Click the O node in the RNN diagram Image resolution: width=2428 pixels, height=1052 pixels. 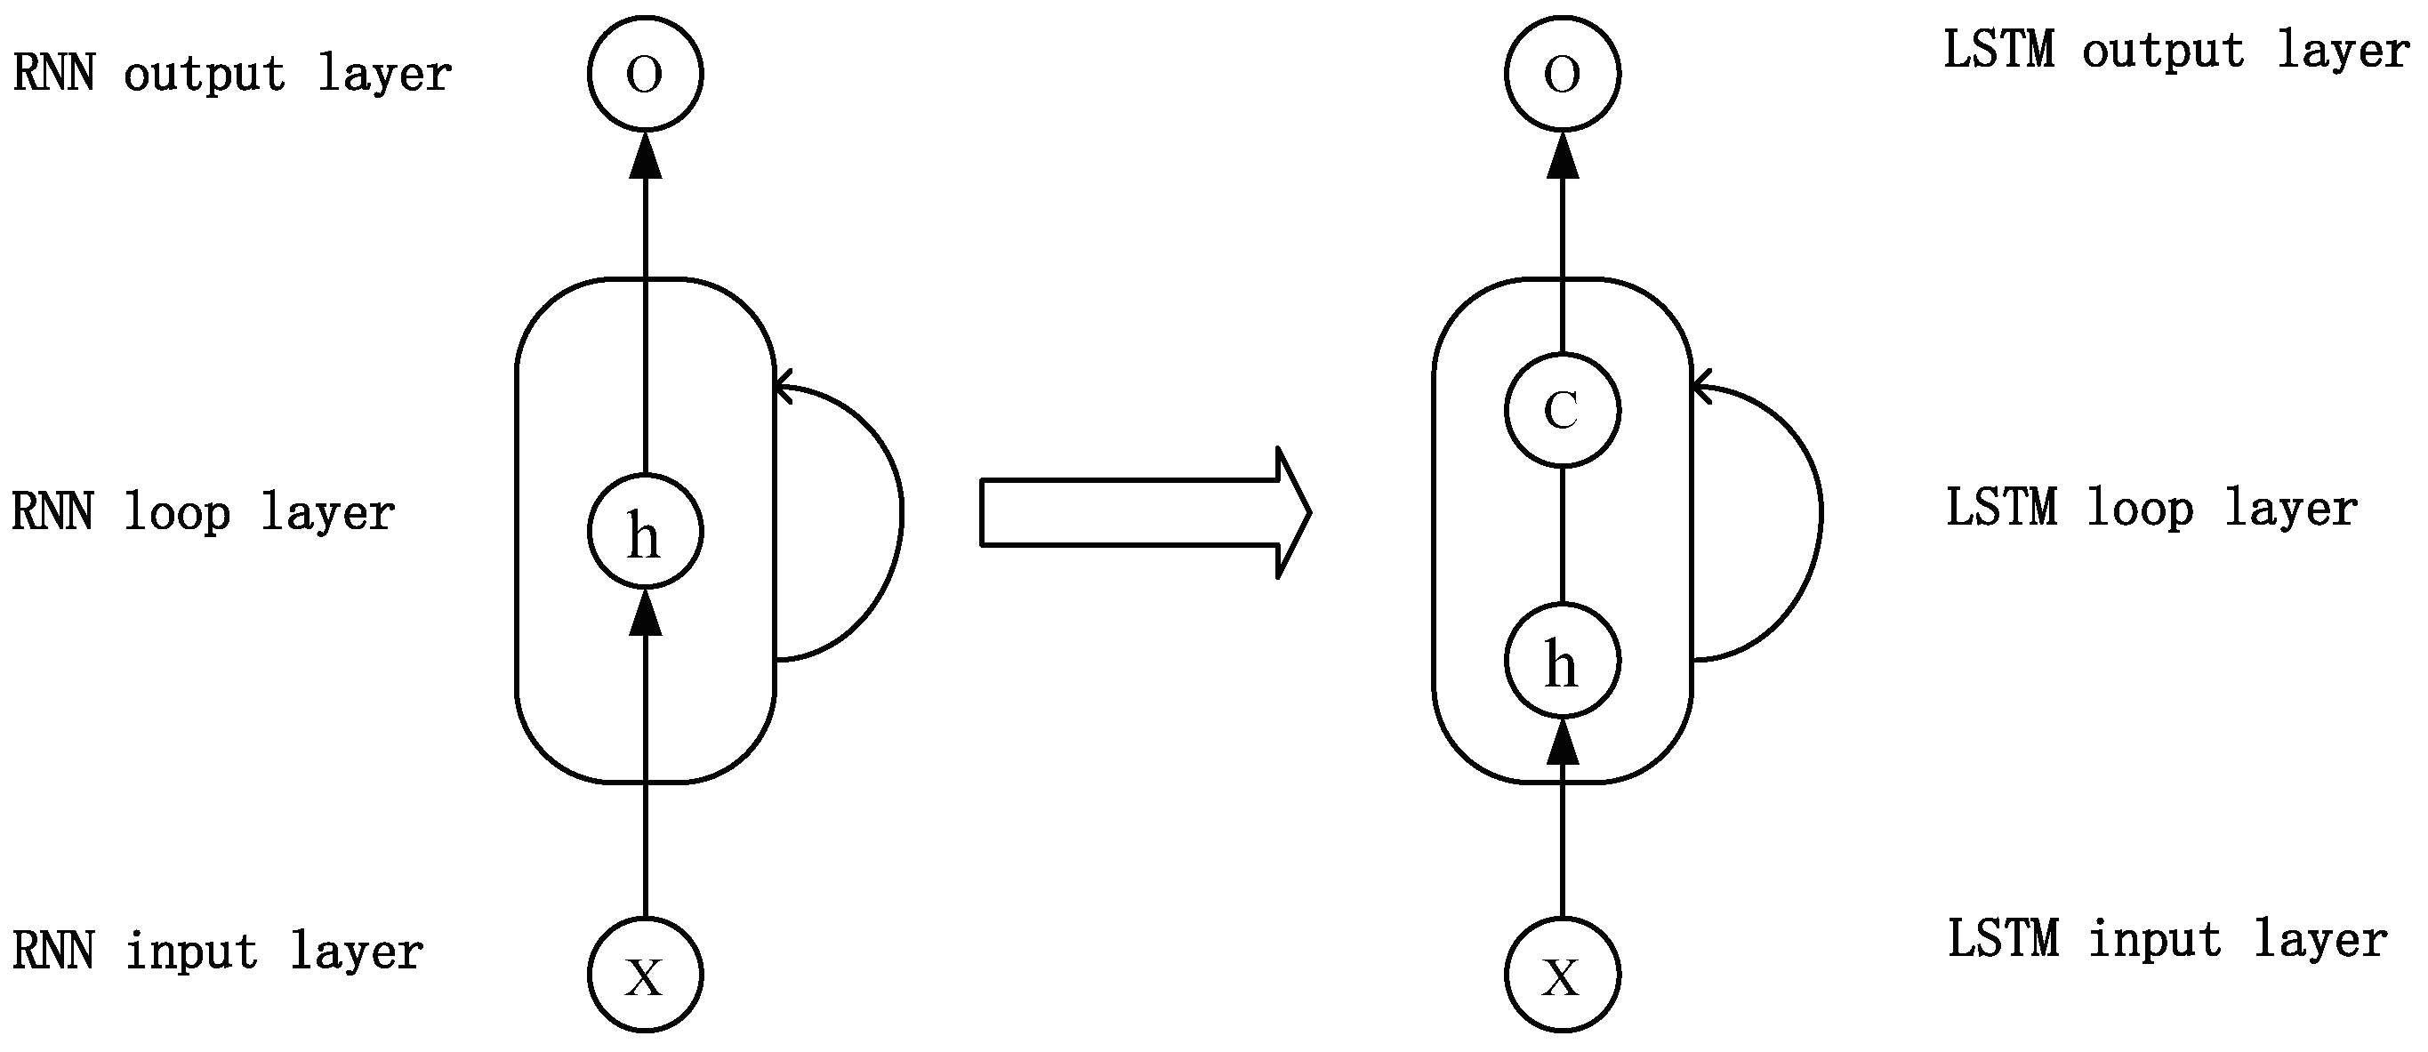click(x=646, y=73)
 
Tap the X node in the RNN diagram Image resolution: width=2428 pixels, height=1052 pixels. click(x=646, y=975)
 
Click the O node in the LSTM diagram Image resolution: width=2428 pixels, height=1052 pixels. click(x=1563, y=73)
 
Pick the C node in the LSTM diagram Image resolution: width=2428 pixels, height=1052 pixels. click(x=1563, y=410)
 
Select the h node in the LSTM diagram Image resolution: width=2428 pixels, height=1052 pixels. click(x=1563, y=661)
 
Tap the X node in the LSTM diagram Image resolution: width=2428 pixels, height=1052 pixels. click(x=1563, y=975)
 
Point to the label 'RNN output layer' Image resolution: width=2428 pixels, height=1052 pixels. click(x=232, y=74)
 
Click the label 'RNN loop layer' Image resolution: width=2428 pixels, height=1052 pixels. click(x=203, y=513)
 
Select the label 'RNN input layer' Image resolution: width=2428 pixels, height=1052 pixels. click(x=218, y=951)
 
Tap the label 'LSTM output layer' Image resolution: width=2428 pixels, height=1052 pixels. click(x=2176, y=50)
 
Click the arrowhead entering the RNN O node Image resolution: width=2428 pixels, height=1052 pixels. click(x=646, y=156)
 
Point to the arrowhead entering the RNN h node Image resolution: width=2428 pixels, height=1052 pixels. click(x=646, y=613)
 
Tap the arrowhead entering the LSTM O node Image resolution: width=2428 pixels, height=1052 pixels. click(x=1563, y=156)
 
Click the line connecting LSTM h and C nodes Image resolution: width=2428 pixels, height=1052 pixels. click(x=1563, y=534)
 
